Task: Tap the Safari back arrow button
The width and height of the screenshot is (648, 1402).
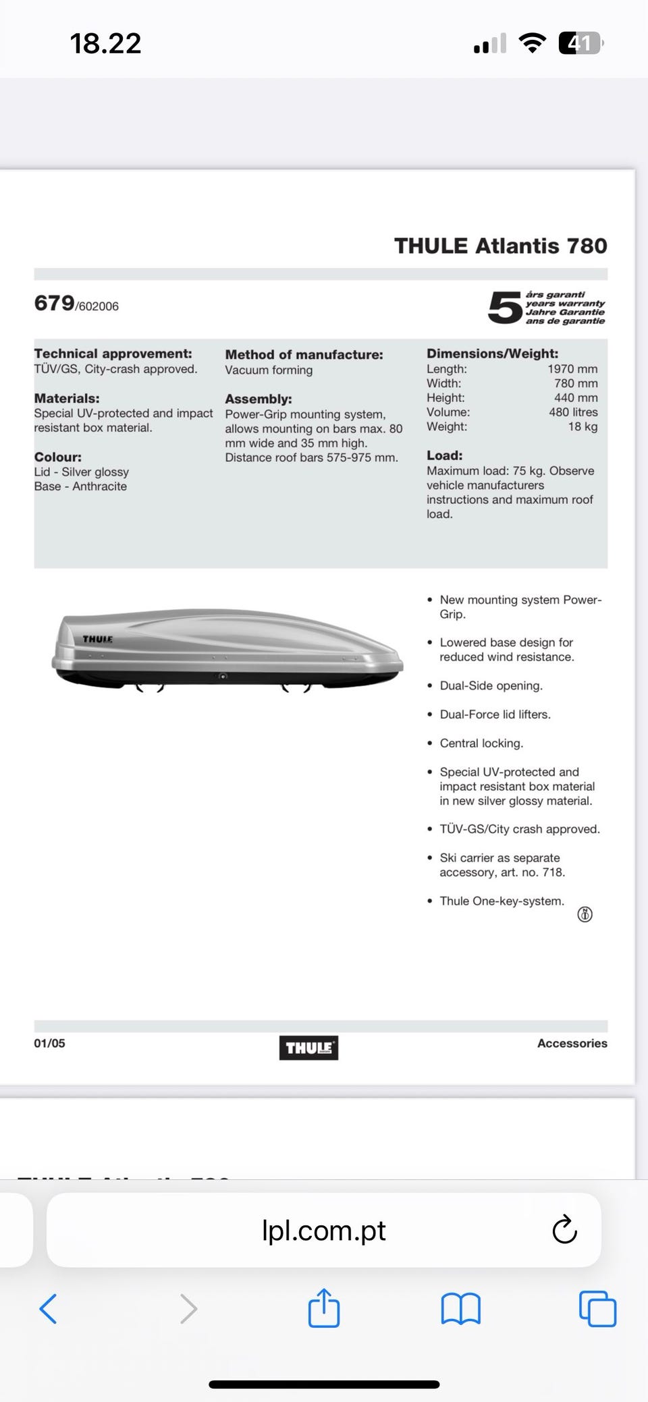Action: coord(48,1309)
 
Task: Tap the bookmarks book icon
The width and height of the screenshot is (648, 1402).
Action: coord(460,1309)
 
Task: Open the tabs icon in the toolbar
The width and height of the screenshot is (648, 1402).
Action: coord(597,1309)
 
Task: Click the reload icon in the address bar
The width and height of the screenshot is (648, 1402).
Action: coord(564,1230)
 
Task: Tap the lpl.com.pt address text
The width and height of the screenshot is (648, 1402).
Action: coord(323,1231)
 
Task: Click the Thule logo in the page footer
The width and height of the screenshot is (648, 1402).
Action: coord(308,1048)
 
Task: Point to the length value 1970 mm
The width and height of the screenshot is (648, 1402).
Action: coord(572,369)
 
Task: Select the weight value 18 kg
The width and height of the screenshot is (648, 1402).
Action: coord(583,426)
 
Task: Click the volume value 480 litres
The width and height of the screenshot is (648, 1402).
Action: coord(573,412)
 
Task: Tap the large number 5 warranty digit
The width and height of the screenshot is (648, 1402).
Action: coord(505,308)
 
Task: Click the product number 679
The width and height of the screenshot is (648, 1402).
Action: coord(55,304)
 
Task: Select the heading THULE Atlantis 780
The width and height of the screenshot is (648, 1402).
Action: coord(500,246)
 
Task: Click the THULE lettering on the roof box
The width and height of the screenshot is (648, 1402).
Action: coord(98,639)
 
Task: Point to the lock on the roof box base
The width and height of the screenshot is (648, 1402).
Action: coord(222,676)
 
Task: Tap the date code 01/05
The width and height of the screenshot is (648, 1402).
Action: coord(50,1043)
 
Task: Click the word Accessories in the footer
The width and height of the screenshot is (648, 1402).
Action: coord(572,1043)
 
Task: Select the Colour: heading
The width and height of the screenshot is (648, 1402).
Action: coord(58,457)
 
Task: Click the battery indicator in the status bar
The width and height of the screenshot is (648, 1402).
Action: coord(580,44)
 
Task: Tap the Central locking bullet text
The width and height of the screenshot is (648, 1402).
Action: coord(481,744)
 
